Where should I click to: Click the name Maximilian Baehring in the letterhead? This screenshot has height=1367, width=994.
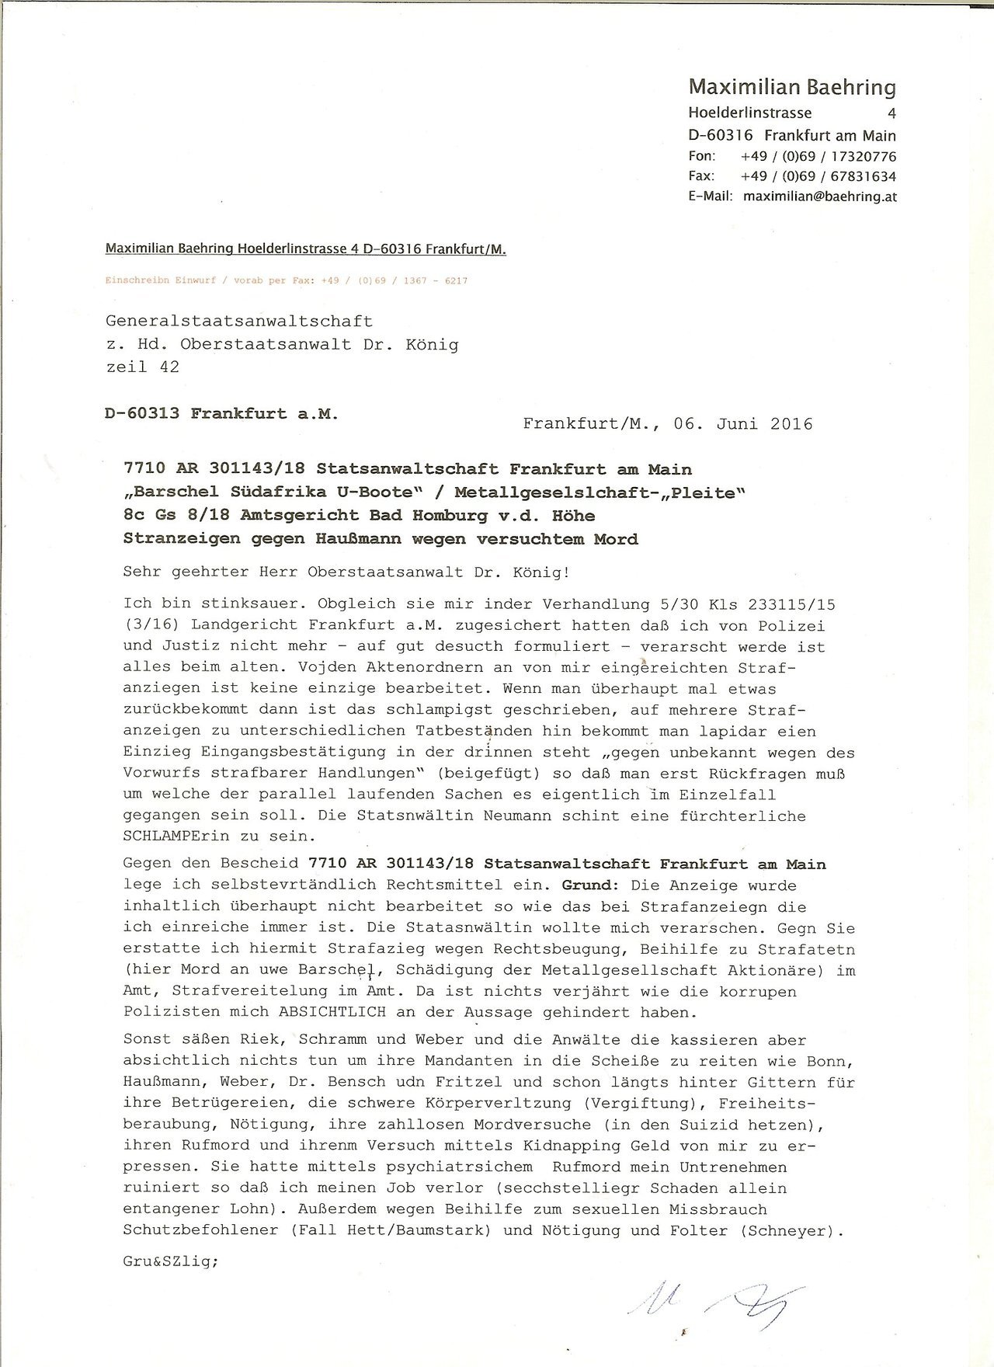pyautogui.click(x=792, y=88)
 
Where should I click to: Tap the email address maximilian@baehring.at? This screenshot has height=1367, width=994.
pyautogui.click(x=819, y=197)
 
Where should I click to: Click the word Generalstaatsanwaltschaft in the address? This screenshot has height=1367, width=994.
pyautogui.click(x=238, y=321)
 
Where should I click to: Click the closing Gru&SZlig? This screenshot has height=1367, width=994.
pyautogui.click(x=171, y=1262)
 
